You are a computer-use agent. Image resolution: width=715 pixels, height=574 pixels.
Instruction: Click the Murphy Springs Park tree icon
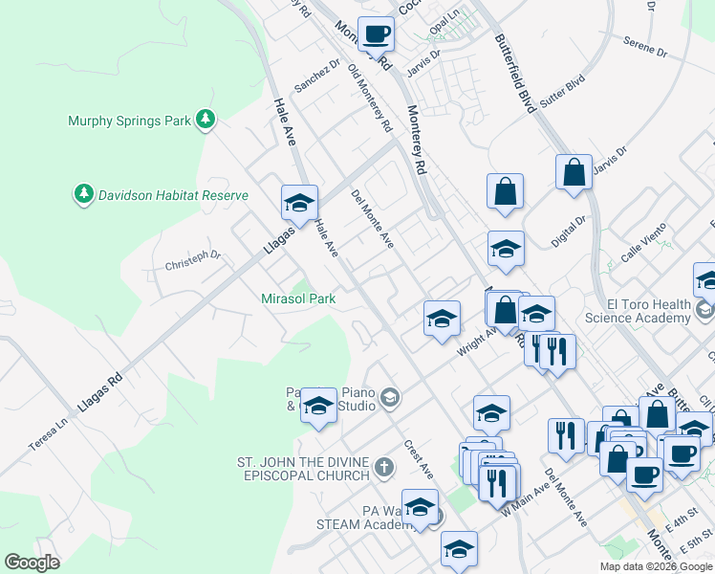tap(205, 120)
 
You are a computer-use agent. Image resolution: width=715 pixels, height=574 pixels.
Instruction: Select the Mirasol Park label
tap(298, 298)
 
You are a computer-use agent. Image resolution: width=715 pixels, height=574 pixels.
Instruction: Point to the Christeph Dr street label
tap(193, 260)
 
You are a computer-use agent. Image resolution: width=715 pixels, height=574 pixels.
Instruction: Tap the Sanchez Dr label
tap(317, 77)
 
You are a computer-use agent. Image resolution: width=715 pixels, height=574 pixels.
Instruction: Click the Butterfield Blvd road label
tap(512, 75)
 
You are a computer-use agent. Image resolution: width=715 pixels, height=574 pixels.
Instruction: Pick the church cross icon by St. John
tap(383, 468)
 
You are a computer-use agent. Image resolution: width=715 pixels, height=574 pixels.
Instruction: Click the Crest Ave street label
tap(419, 459)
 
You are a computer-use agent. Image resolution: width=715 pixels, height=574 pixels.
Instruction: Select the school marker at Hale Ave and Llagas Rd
tap(299, 202)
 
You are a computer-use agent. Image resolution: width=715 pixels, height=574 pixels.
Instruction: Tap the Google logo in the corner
tap(32, 563)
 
